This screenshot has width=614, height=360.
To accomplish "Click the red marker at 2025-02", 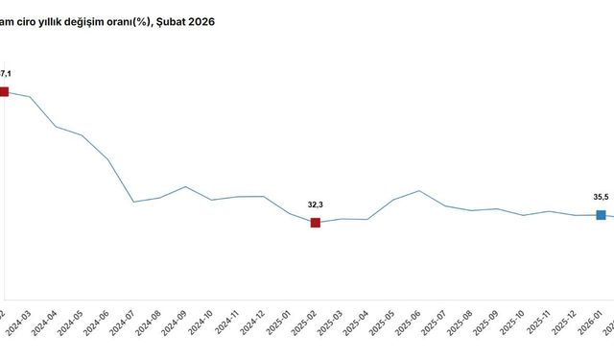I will (x=316, y=223).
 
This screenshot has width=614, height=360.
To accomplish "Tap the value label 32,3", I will (x=316, y=204).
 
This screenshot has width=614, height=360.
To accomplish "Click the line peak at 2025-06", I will (x=419, y=190).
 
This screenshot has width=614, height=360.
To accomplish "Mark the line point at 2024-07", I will (x=133, y=202).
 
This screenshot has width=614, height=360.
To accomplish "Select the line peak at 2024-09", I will (x=185, y=186).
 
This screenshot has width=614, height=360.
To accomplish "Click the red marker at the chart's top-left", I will (x=3, y=91).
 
